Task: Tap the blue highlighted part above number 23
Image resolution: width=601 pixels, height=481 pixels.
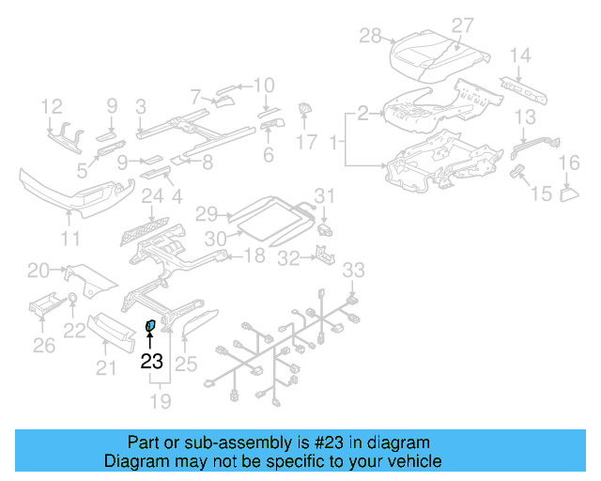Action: (x=149, y=326)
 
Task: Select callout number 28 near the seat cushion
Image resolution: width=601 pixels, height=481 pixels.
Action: (x=370, y=36)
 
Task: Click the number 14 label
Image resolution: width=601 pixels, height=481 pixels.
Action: (x=520, y=54)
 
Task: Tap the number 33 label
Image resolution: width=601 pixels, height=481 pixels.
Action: (x=352, y=271)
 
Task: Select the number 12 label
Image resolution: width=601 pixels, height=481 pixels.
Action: (x=52, y=105)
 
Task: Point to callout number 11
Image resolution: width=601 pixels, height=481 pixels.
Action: (x=71, y=239)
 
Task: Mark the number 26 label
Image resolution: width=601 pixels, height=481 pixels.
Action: (x=45, y=346)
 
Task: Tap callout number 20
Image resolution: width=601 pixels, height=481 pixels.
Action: (x=39, y=271)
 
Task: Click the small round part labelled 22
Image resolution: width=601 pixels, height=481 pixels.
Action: (x=72, y=301)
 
